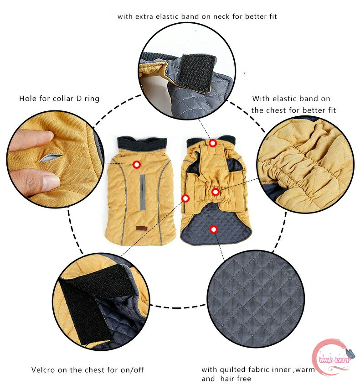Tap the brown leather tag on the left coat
[x=142, y=228]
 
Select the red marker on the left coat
[x=137, y=165]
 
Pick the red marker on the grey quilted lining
[x=214, y=229]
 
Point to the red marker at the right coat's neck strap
[x=213, y=143]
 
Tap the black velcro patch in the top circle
[x=197, y=73]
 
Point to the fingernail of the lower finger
[x=51, y=182]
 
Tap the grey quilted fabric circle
[x=256, y=299]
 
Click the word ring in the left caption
[x=92, y=99]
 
